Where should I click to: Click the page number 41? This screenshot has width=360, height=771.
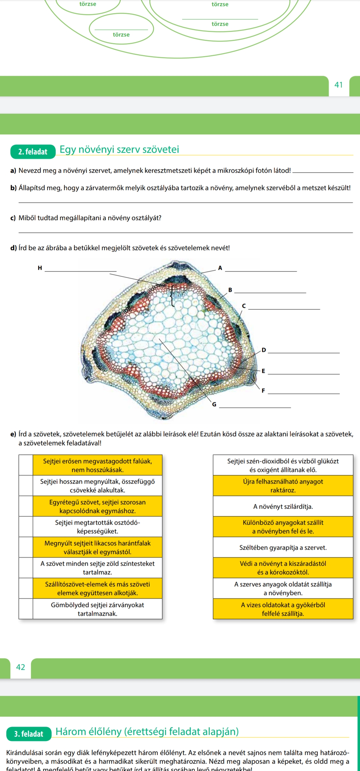pos(338,85)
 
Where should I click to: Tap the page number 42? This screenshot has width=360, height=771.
pos(21,667)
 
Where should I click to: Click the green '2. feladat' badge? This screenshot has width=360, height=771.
pos(33,152)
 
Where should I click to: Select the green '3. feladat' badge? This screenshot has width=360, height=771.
pos(29,734)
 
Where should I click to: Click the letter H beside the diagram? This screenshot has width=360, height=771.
pos(40,268)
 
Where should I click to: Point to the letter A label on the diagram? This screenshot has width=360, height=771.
pos(220,268)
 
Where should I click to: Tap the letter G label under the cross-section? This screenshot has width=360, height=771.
pos(214,405)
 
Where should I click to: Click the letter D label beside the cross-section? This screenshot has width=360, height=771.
pos(264,350)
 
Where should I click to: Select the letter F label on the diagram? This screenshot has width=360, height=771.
pos(263,391)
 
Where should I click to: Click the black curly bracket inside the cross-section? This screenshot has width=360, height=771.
pos(172,295)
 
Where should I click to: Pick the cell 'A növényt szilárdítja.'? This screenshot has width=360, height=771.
pos(283,507)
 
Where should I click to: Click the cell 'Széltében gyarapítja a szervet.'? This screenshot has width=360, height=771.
pos(283,548)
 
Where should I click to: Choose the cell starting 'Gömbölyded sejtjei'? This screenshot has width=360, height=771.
pos(97,609)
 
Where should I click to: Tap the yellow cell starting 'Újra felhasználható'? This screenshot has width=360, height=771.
pos(283,486)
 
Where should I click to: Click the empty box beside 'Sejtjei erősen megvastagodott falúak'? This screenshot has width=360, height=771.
pos(26,465)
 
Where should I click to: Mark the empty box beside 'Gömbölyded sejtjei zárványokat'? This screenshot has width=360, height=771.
pos(26,609)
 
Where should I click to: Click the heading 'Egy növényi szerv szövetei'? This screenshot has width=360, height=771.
pos(119,149)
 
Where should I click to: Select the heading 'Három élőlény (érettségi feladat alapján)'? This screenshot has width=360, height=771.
pos(147,731)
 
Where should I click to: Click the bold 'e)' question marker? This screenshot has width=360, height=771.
pos(13,434)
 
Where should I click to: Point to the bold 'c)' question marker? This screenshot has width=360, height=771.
pos(13,218)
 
